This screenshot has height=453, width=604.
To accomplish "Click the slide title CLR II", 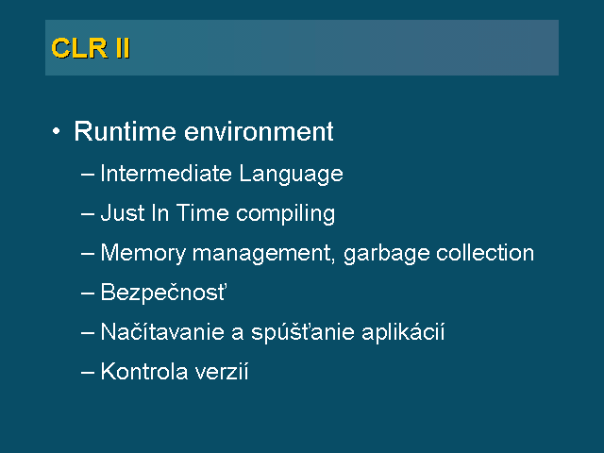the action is (91, 48).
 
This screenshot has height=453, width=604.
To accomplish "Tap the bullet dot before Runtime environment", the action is (57, 131).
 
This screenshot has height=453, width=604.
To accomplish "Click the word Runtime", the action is (126, 131).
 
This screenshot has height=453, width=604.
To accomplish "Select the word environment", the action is (259, 131).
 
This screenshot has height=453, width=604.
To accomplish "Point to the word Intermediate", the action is (166, 173).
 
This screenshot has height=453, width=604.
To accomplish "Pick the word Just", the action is (123, 213).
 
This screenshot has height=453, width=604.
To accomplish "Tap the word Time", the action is (203, 213).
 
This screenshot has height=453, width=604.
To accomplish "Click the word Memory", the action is (143, 254).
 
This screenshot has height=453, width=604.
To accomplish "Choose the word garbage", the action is (386, 254).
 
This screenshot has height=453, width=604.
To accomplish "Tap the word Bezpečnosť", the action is (163, 293).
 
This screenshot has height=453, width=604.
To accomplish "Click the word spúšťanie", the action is (303, 333).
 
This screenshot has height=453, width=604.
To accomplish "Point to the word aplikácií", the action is (403, 333).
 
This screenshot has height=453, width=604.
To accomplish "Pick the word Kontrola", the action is (144, 371).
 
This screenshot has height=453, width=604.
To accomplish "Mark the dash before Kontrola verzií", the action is (88, 373).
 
